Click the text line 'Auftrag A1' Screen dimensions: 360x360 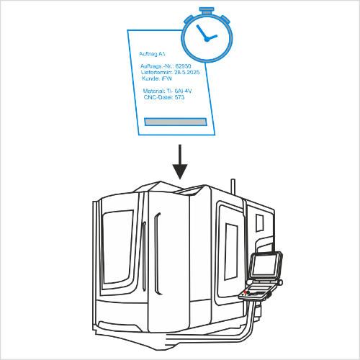coord(152,54)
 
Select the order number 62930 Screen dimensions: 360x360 coord(183,66)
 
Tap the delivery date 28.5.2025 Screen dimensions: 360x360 coord(186,72)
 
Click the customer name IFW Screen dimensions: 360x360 coord(166,78)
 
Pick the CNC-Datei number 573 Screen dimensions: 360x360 coord(179,97)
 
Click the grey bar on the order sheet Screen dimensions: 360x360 coord(176,122)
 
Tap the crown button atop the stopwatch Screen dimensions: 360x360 coord(207,10)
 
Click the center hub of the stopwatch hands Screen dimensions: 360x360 coord(207,39)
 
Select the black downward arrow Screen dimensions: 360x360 coord(180,162)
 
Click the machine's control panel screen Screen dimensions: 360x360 coord(264,265)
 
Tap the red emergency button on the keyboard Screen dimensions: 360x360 coord(245,292)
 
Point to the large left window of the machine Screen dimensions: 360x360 coord(117,247)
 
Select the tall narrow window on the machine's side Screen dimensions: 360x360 coord(231,251)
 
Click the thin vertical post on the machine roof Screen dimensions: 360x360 coord(233,186)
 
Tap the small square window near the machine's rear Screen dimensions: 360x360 coord(260,223)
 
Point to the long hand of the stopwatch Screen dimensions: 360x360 coord(201,32)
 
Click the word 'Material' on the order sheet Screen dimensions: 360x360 coord(154,91)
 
